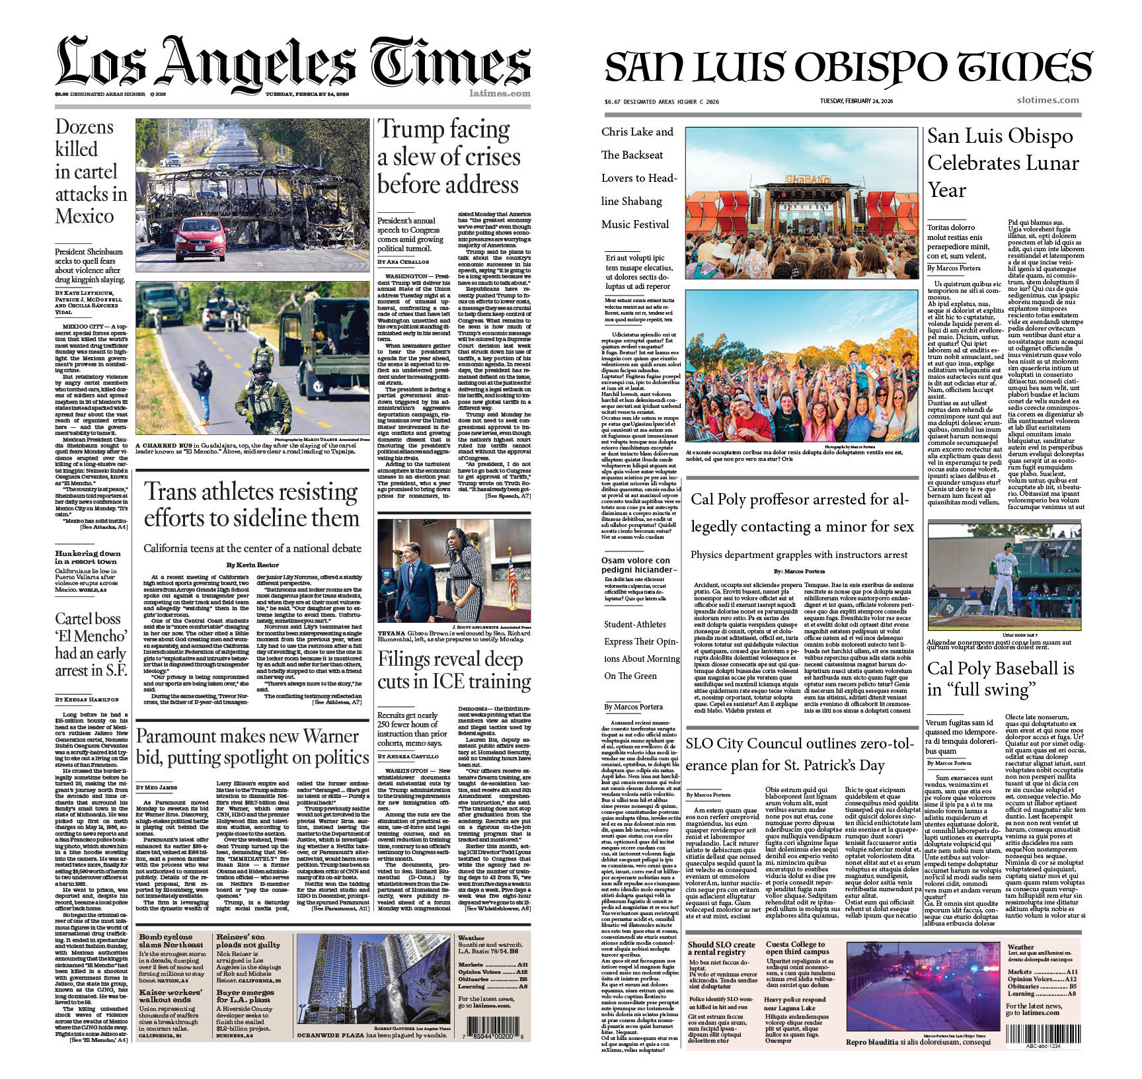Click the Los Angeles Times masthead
(293, 63)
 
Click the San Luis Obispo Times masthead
(848, 67)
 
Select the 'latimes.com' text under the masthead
(500, 93)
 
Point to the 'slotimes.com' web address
(1047, 100)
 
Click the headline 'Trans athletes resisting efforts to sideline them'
(252, 505)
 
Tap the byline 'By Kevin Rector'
(252, 565)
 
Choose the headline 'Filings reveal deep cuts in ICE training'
(453, 670)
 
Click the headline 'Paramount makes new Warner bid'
(252, 746)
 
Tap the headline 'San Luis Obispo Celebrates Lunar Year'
(1002, 163)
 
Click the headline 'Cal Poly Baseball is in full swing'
(1000, 678)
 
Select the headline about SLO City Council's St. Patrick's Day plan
(800, 754)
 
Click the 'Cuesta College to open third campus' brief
(797, 948)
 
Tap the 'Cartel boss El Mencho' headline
(91, 645)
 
